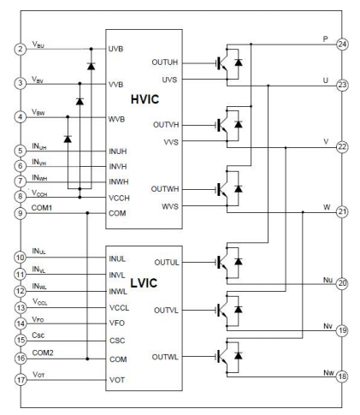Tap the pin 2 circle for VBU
[19, 50]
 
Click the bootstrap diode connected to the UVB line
[91, 65]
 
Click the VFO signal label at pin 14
[37, 318]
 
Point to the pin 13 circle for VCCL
[19, 307]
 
